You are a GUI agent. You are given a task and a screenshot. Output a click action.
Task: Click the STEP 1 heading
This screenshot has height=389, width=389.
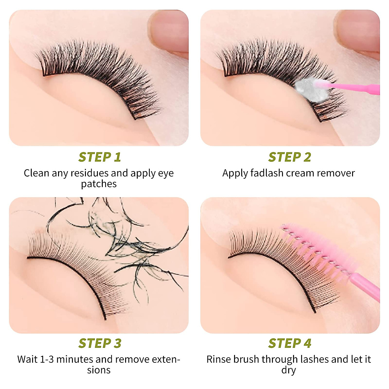click(x=100, y=157)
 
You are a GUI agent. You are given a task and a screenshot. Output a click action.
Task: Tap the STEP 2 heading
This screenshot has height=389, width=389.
click(x=289, y=157)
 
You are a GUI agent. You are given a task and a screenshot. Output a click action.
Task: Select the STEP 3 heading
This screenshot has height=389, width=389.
click(x=100, y=343)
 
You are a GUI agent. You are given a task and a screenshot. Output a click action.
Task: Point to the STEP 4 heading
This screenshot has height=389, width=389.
click(x=289, y=343)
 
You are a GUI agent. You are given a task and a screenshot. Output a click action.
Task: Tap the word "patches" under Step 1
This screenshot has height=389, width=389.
click(x=99, y=184)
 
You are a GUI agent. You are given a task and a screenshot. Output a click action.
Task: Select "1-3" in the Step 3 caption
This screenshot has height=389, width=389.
click(x=47, y=359)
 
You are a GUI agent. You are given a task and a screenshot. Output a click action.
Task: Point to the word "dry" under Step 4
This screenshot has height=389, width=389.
click(x=289, y=370)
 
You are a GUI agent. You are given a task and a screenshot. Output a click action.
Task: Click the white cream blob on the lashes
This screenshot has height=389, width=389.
click(x=308, y=89)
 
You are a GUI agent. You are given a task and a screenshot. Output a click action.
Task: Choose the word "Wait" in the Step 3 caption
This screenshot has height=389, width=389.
click(x=28, y=359)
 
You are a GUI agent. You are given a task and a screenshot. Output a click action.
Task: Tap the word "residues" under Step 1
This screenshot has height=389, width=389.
click(x=89, y=173)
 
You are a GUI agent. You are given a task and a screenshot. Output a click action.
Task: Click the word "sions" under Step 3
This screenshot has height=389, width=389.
click(x=99, y=370)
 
